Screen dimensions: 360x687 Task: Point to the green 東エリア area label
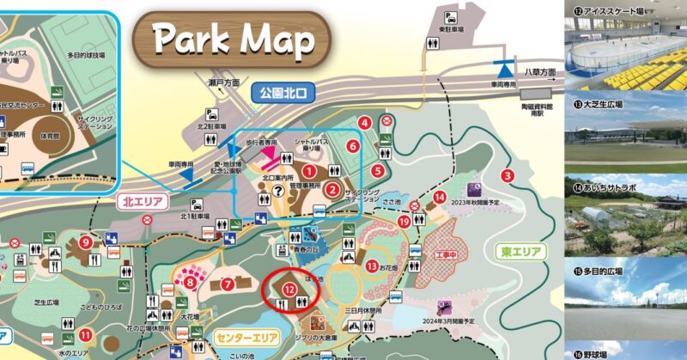tap(520, 252)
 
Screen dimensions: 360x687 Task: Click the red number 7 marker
tap(228, 283)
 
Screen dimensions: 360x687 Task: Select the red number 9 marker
tap(86, 242)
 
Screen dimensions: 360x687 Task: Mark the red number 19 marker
tap(404, 222)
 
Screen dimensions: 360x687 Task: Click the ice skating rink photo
tap(626, 53)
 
